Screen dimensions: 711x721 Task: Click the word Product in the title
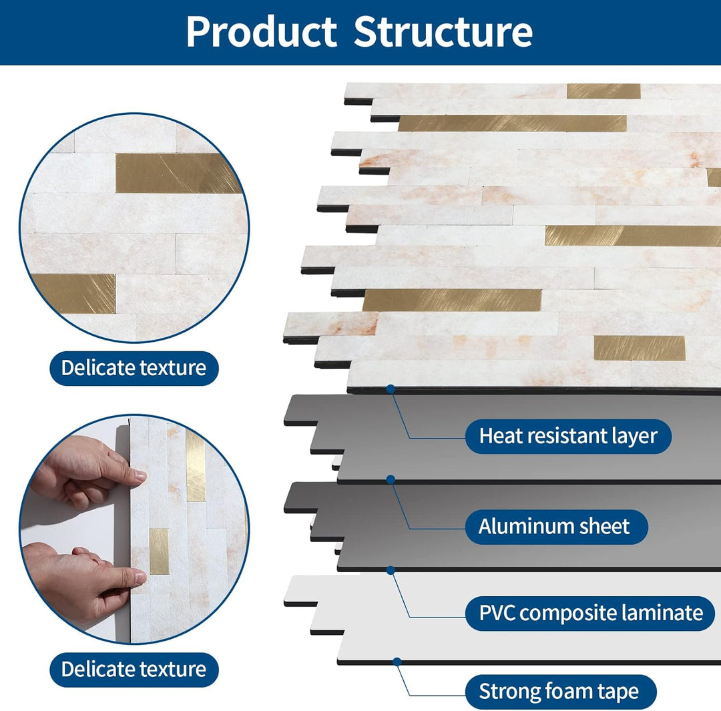tap(261, 31)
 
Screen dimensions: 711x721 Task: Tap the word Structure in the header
tap(443, 31)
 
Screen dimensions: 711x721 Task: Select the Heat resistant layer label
tap(567, 437)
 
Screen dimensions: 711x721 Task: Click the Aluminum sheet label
tap(553, 527)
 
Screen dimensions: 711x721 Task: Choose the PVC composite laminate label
tap(590, 613)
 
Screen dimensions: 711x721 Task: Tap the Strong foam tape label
tap(558, 692)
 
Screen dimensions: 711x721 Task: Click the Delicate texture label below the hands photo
tap(134, 670)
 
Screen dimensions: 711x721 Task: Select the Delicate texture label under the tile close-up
tap(134, 368)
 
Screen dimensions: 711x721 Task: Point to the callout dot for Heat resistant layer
tap(391, 388)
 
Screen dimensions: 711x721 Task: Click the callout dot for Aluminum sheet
tap(391, 479)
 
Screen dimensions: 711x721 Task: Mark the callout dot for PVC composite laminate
tap(391, 569)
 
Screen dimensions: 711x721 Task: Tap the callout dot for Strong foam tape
tap(397, 662)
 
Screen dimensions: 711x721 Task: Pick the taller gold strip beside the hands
tap(196, 465)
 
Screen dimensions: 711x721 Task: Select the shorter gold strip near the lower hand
tap(159, 551)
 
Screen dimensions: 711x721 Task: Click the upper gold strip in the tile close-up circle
tap(178, 173)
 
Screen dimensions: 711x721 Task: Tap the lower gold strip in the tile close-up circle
tap(73, 293)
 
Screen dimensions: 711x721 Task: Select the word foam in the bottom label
tap(566, 692)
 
